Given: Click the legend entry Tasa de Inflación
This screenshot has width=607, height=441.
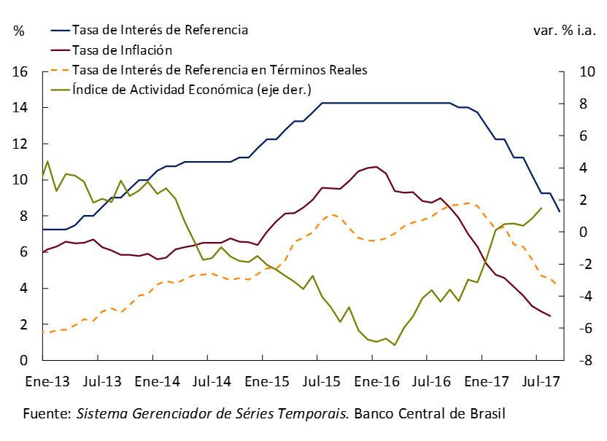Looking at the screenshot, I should pos(122,50).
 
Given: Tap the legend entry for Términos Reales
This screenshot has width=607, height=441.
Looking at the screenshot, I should pos(220,70).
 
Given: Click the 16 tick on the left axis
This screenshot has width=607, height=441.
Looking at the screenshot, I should pos(20,72).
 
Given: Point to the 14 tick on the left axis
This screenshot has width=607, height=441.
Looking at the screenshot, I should pos(20,108).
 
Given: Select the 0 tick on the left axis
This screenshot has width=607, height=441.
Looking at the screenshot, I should pos(23,361).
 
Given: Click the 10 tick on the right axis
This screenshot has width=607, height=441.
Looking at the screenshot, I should pos(576,72).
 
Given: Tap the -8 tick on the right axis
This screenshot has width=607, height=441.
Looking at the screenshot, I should pos(576,361).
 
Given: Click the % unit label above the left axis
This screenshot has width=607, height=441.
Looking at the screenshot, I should pos(19,31).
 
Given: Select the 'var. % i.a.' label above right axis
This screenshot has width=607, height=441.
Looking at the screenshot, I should pos(565,31).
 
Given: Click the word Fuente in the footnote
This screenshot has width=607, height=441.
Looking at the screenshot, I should pos(46,414).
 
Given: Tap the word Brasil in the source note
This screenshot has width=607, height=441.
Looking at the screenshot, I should pos(485,414).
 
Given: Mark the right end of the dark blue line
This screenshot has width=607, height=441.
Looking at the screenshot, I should pos(560,211).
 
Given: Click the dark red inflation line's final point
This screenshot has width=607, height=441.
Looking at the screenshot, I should pos(550,316).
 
